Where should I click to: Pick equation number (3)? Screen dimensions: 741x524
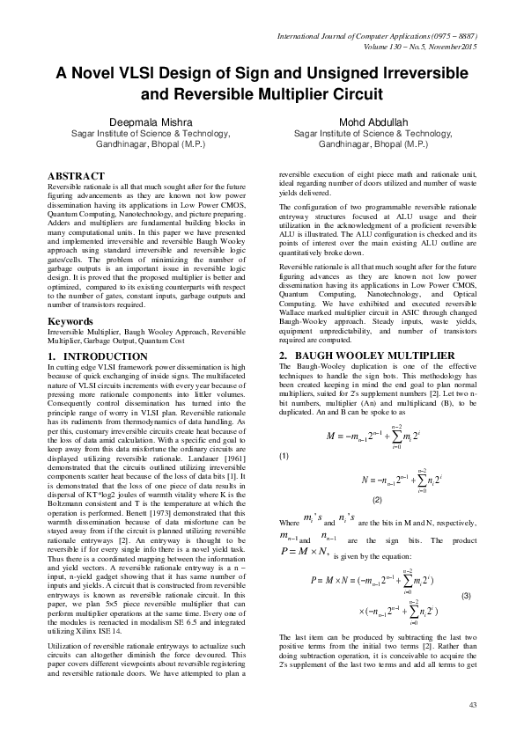pos(465,596)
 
